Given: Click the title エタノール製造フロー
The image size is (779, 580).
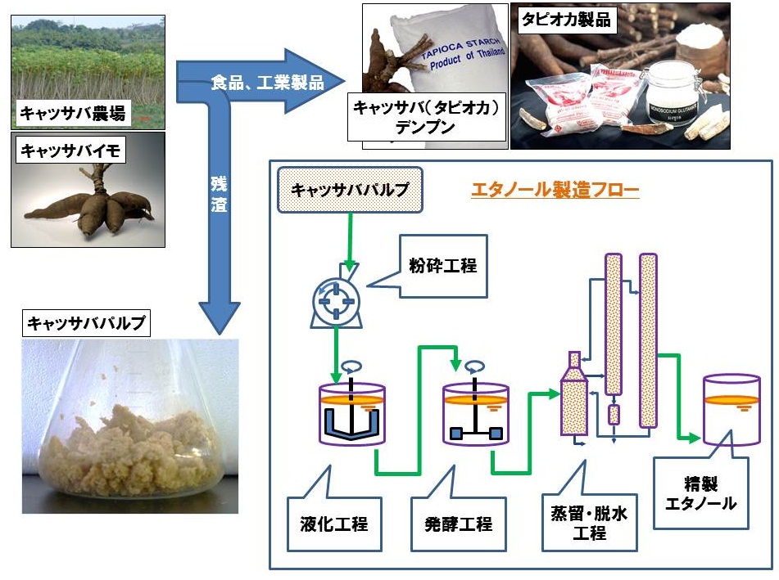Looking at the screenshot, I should coord(555,191).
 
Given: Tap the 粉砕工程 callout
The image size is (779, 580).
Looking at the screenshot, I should coord(442,266).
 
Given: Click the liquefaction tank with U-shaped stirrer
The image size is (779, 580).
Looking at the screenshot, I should coord(350,413).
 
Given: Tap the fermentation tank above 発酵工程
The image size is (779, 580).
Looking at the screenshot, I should coord(475,414).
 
